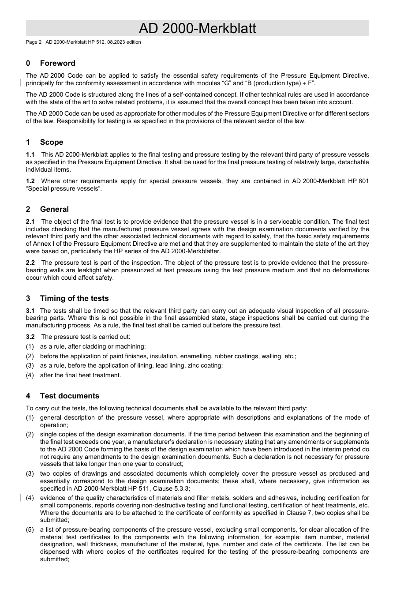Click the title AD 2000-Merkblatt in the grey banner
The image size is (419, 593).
pos(197,28)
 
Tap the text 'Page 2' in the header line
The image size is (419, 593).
pos(34,42)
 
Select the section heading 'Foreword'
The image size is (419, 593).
pos(57,63)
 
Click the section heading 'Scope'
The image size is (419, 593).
pos(51,142)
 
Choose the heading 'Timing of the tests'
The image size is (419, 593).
pos(74,298)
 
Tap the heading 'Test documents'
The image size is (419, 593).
pos(69,396)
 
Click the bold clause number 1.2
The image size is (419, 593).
pos(30,181)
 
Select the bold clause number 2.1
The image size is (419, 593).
pos(30,221)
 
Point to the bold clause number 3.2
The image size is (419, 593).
pos(30,337)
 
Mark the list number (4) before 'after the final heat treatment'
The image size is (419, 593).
pos(30,375)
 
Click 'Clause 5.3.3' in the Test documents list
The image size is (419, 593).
pos(171,488)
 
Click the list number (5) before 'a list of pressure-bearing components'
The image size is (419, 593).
pos(30,529)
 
